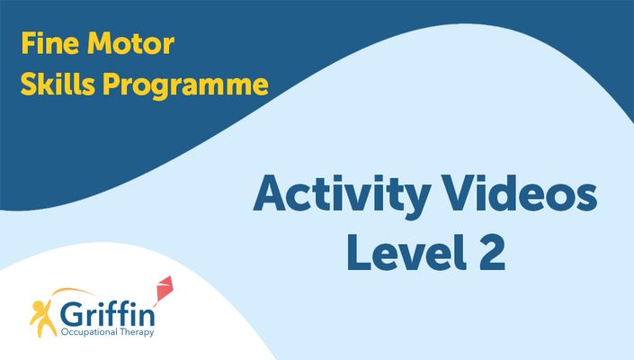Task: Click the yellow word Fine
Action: pos(49,43)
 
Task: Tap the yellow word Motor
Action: pos(130,43)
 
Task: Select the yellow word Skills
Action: pos(58,84)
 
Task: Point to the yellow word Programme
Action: pos(185,85)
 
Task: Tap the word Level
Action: pos(406,252)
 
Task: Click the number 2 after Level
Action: pos(492,253)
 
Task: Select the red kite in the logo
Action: pos(165,288)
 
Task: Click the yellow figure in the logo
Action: pos(43,318)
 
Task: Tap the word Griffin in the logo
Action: pos(108,314)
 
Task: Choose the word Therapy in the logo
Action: pos(137,332)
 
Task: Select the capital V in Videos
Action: pos(459,193)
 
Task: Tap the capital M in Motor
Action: pos(100,43)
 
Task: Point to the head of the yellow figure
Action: pos(37,305)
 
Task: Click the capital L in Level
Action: pos(359,253)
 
